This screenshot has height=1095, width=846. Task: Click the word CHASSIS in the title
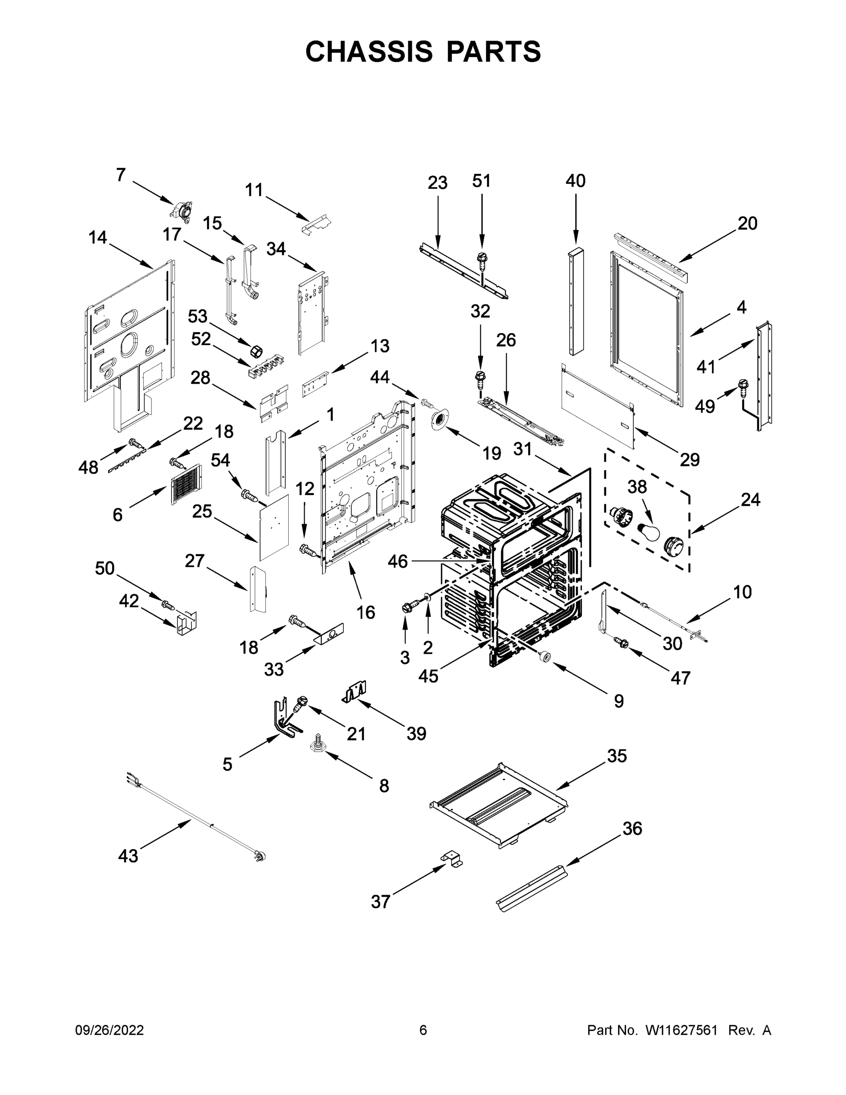[x=369, y=52]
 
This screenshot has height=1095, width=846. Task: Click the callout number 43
[x=128, y=855]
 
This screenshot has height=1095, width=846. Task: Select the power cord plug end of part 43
[x=260, y=856]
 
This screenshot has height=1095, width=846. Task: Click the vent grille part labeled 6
[x=186, y=483]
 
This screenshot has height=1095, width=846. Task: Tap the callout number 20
[x=747, y=223]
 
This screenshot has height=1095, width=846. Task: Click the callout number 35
[x=617, y=756]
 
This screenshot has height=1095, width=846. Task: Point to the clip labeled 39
[x=355, y=693]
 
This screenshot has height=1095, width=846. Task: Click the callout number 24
[x=750, y=500]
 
